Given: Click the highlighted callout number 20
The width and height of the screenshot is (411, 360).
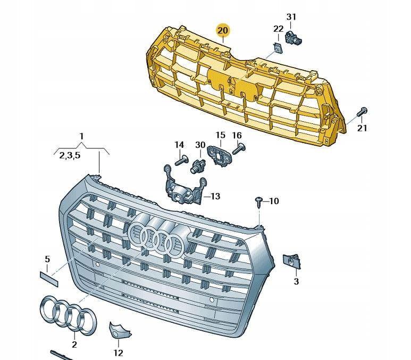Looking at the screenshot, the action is tap(223, 31).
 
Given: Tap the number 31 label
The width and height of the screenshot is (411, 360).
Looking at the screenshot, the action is tap(291, 17).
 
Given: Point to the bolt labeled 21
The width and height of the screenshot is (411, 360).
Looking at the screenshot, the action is tap(362, 112).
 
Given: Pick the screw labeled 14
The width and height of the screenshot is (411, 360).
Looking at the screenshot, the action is tap(181, 161).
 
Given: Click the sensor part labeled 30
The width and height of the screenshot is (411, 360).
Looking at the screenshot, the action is tap(198, 165).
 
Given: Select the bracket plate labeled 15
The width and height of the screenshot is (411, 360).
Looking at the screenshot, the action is tap(220, 155).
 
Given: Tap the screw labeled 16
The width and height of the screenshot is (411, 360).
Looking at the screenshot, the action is tap(238, 148).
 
